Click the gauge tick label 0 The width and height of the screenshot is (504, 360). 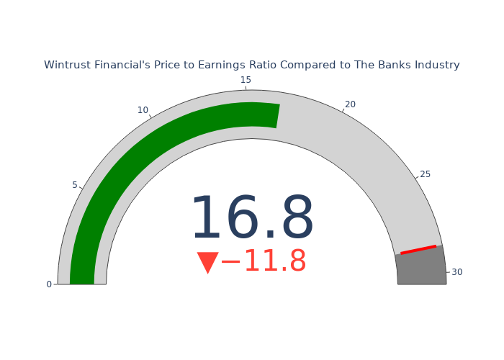click(49, 284)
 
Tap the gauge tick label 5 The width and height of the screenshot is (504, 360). click(75, 185)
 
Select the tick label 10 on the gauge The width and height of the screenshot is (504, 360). click(143, 110)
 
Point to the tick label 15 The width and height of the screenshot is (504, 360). click(246, 80)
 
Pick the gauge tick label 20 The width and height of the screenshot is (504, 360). click(350, 104)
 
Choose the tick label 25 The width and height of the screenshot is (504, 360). click(425, 174)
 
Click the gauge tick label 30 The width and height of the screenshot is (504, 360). click(456, 272)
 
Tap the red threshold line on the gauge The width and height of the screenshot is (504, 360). click(418, 250)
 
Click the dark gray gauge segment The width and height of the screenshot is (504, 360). click(421, 269)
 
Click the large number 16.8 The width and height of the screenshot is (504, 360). click(252, 217)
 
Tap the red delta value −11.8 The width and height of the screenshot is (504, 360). click(264, 261)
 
